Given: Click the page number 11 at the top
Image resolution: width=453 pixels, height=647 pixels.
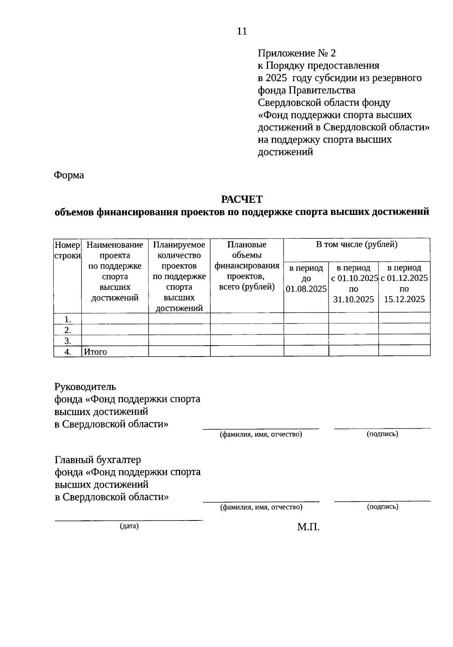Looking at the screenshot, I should pyautogui.click(x=242, y=31).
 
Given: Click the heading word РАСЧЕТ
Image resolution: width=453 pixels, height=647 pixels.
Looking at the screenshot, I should pyautogui.click(x=242, y=199).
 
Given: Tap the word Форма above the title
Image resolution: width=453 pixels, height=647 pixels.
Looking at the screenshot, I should pyautogui.click(x=69, y=175).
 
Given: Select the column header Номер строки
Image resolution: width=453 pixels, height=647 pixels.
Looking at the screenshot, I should pyautogui.click(x=68, y=250).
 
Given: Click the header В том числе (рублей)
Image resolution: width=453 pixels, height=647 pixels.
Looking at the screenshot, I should pyautogui.click(x=356, y=245).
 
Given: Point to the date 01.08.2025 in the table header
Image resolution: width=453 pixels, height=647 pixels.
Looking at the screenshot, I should pyautogui.click(x=306, y=289).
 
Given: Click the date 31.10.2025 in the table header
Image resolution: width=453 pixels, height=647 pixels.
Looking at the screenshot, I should pyautogui.click(x=353, y=300).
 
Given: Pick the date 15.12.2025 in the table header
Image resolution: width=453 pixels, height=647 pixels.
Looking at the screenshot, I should pyautogui.click(x=404, y=300).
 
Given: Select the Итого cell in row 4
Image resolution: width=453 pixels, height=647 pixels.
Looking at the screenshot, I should pyautogui.click(x=96, y=352).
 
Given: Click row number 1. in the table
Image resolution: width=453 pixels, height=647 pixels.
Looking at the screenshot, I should pyautogui.click(x=68, y=319).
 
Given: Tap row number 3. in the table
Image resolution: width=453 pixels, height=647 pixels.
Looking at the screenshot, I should pyautogui.click(x=68, y=341).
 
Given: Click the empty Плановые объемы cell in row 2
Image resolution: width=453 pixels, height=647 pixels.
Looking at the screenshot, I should pyautogui.click(x=247, y=330).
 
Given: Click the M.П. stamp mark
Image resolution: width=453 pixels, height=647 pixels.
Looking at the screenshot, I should pyautogui.click(x=308, y=527).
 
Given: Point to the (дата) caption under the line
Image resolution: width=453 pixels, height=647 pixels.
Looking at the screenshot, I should pyautogui.click(x=129, y=526).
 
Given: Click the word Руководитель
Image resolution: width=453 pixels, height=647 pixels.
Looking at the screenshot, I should pyautogui.click(x=85, y=387).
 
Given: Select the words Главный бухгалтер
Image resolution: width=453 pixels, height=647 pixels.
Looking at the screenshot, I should pyautogui.click(x=98, y=460).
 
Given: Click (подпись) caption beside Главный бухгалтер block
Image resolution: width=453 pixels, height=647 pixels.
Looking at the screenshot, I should pyautogui.click(x=382, y=507).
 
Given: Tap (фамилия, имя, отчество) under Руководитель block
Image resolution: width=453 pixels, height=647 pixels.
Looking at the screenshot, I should pyautogui.click(x=261, y=434).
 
